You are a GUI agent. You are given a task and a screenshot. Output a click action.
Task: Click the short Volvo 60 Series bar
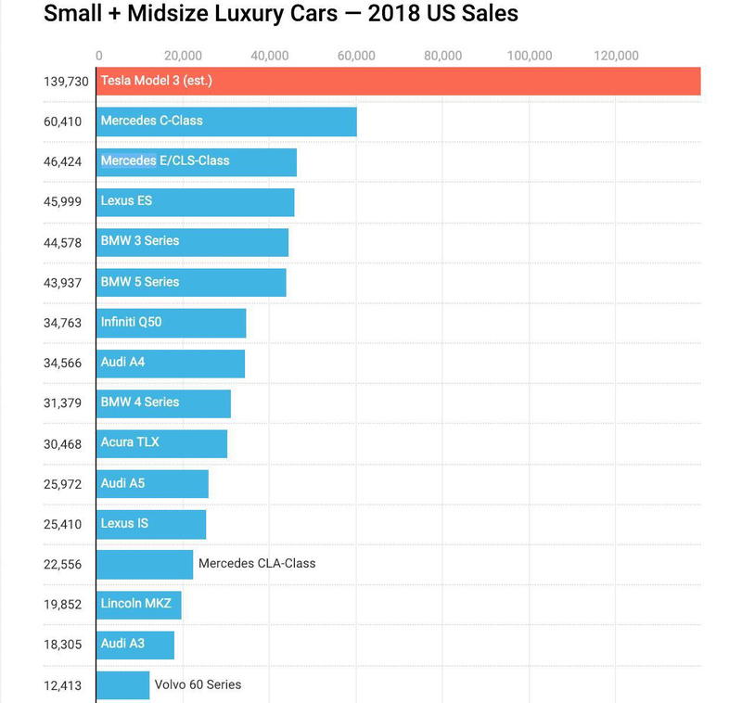pyautogui.click(x=122, y=685)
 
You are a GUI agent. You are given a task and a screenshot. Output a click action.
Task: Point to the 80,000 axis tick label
pyautogui.click(x=442, y=56)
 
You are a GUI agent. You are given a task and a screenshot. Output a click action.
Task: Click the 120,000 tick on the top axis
pyautogui.click(x=616, y=56)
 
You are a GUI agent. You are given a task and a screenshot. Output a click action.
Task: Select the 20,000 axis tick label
pyautogui.click(x=183, y=56)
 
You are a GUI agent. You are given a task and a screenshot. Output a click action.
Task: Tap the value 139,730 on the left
pyautogui.click(x=66, y=82)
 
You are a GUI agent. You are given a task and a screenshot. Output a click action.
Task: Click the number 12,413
pyautogui.click(x=63, y=686)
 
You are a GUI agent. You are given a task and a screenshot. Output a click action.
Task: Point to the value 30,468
pyautogui.click(x=63, y=444)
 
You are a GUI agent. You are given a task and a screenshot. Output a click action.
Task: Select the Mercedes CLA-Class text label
pyautogui.click(x=257, y=563)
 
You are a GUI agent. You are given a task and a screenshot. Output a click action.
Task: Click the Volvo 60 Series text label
pyautogui.click(x=198, y=684)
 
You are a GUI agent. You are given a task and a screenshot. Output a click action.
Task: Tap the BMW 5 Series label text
pyautogui.click(x=140, y=281)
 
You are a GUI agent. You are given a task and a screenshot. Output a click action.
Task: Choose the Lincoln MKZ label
pyautogui.click(x=136, y=603)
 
